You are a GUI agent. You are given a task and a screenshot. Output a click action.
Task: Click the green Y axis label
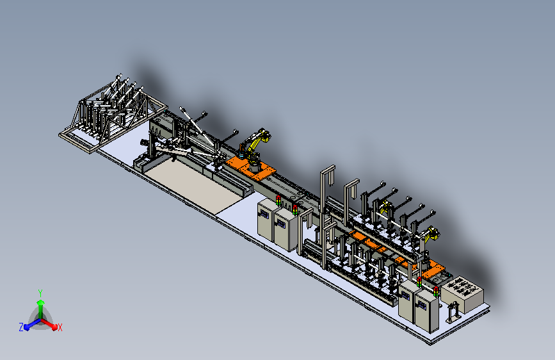tap(40, 293)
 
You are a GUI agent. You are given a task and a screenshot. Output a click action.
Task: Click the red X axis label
tap(60, 327)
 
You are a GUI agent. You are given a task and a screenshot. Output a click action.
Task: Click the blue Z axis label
tap(21, 327)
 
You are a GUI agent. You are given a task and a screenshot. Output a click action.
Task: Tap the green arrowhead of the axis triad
tap(41, 303)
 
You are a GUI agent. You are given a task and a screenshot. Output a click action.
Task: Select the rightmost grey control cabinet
tap(427, 311)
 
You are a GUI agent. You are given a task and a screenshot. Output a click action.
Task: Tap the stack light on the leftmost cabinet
tap(278, 200)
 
